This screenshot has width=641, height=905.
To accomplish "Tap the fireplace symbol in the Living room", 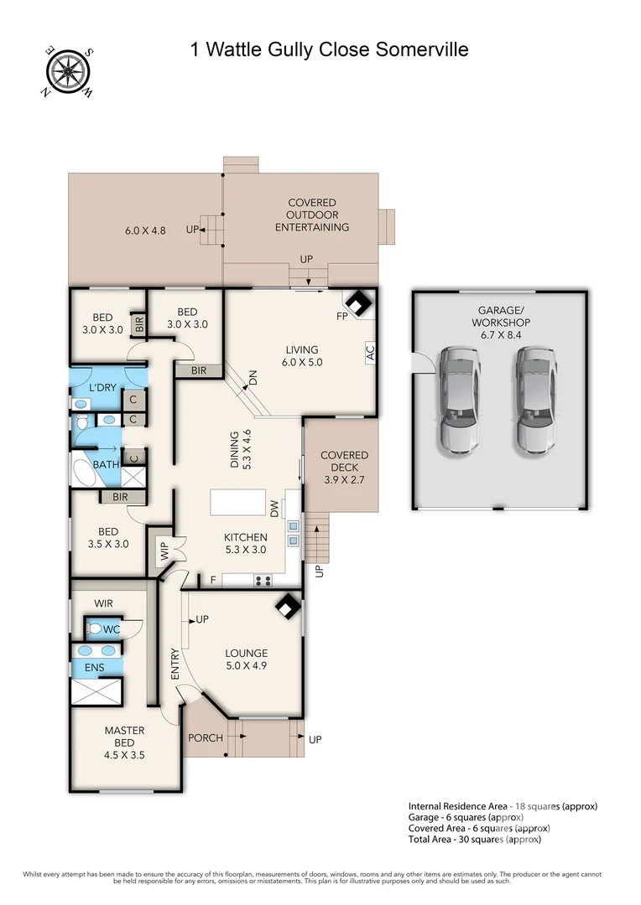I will point(359,303).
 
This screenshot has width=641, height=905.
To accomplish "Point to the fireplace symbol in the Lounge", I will point(288,608).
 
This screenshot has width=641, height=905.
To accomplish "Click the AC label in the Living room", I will point(369,353).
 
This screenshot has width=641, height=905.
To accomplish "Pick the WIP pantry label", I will point(164,551).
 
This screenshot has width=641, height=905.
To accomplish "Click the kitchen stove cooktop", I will point(263,579).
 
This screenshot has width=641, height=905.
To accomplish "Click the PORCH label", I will point(206,737).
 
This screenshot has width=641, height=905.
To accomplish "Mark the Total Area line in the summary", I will point(474,839).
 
